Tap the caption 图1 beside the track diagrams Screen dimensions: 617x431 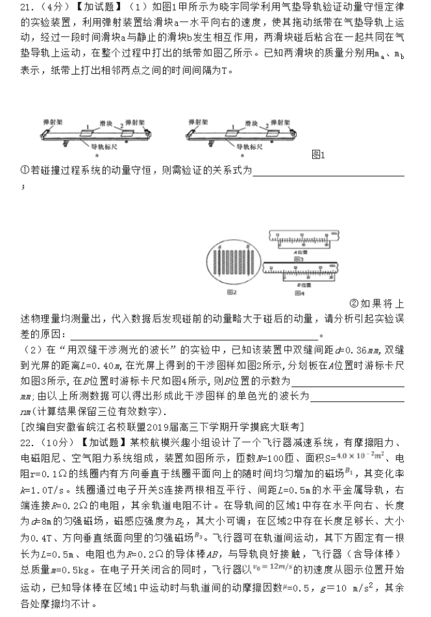317,155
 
